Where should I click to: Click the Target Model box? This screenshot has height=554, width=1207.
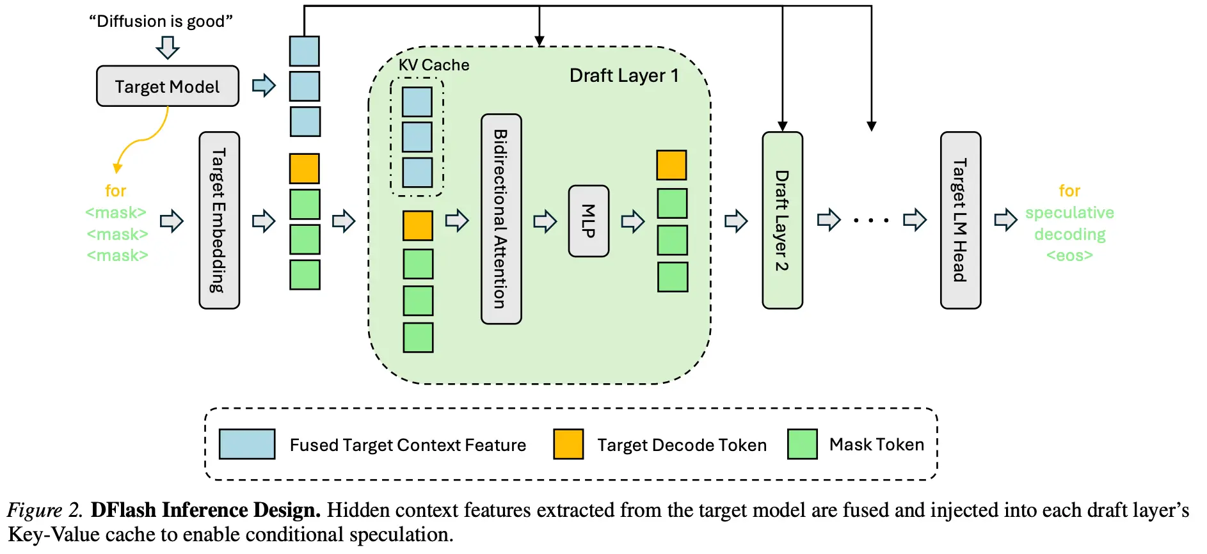tap(168, 86)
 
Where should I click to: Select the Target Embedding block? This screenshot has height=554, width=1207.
tap(220, 221)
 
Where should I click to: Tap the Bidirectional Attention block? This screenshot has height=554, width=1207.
tap(501, 219)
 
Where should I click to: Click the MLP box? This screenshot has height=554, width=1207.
tap(589, 221)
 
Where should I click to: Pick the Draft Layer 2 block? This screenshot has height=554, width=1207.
tap(782, 221)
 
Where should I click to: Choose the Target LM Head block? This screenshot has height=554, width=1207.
tap(961, 221)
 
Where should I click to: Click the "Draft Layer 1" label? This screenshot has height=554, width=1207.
tap(624, 75)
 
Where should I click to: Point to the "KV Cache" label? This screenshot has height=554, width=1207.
tap(434, 65)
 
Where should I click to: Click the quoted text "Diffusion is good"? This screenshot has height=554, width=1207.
tap(161, 21)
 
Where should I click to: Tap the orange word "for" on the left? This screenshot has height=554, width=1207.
tap(116, 191)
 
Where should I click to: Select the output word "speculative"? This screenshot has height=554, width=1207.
tap(1069, 213)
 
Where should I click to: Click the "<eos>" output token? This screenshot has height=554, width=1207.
tap(1069, 256)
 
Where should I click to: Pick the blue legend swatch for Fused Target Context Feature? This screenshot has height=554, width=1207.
tap(247, 444)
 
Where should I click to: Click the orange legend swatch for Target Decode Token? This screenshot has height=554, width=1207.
tap(568, 444)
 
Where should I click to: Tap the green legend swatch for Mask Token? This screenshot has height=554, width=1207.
tap(803, 444)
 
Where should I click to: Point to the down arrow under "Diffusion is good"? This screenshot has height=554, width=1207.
tap(168, 47)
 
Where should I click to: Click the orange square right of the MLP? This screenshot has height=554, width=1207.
tap(671, 165)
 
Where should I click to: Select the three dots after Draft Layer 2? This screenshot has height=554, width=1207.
tap(871, 221)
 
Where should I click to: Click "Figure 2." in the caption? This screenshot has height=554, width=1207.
tap(45, 510)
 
